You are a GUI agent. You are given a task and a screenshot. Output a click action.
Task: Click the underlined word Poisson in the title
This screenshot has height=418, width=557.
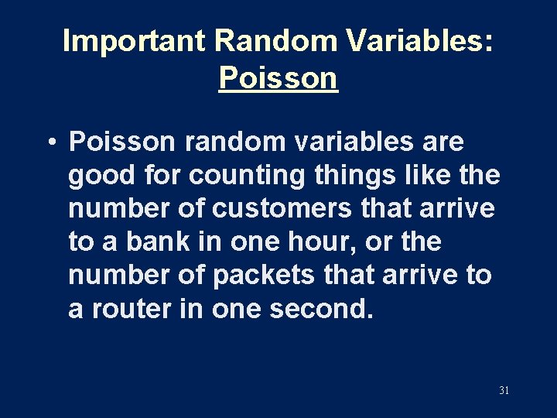[278, 77]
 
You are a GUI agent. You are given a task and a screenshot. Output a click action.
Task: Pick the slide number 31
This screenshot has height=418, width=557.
[504, 391]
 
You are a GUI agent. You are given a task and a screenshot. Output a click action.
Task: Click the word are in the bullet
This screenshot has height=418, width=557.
[439, 142]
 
